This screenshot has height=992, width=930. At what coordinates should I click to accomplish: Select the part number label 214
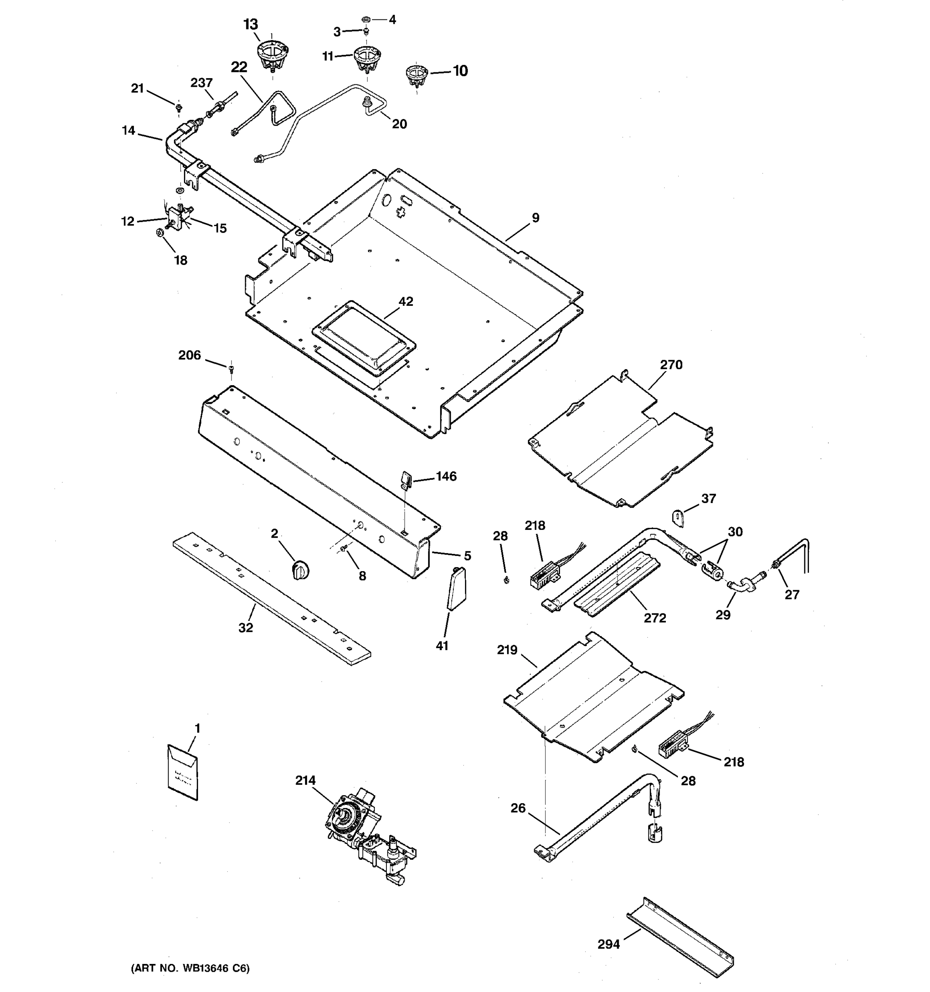pos(305,780)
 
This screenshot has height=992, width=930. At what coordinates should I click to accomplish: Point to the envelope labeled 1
pos(183,773)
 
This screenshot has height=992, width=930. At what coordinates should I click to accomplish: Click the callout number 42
pos(405,301)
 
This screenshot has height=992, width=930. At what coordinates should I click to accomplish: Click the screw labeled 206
pos(231,369)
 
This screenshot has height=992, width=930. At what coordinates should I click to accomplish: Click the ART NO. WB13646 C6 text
pos(190,968)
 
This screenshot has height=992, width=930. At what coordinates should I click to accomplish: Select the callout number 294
pos(609,944)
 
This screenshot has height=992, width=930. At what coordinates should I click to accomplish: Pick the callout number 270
pos(671,365)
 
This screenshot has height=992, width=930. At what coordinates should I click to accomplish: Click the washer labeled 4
pos(365,20)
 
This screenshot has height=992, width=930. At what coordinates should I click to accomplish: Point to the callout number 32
pos(246,628)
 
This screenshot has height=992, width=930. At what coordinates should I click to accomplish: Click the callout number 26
pos(518,808)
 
